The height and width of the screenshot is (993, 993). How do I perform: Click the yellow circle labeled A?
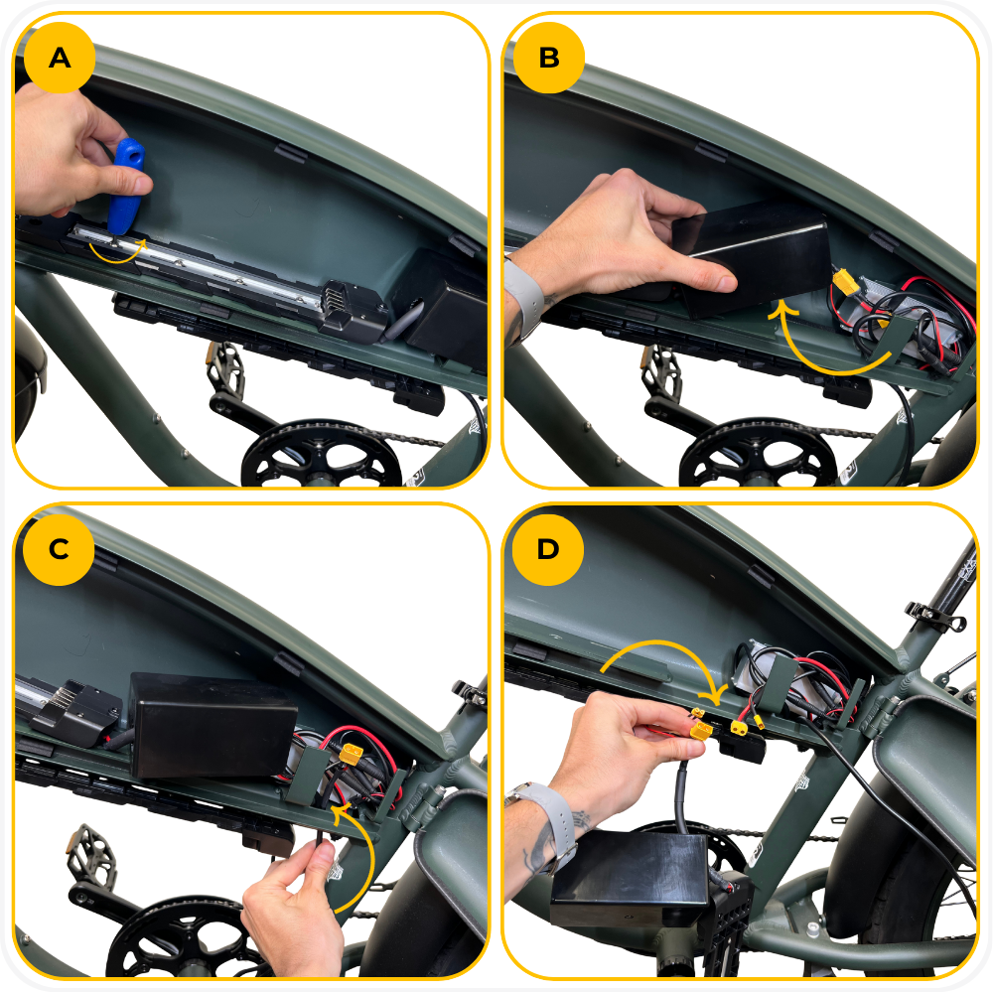coord(60,58)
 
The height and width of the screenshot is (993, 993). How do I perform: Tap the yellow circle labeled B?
coord(548,58)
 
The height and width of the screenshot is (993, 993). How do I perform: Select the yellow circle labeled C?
coord(59,549)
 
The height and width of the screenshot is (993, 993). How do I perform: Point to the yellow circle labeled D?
coord(548,549)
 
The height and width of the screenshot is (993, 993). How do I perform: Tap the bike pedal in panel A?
coord(224,366)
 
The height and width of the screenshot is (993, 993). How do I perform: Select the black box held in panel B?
coord(754,258)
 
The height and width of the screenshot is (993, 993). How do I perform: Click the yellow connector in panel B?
coord(846,282)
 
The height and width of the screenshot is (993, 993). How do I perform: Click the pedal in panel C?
coord(91,851)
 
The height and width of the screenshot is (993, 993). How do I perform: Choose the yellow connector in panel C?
coord(351,753)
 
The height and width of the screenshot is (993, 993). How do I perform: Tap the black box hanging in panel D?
coord(631,880)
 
